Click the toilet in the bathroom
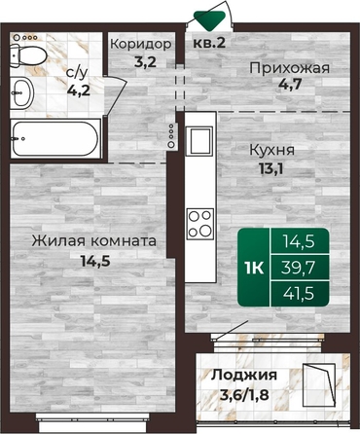point(27,55)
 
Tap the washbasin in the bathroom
point(21,92)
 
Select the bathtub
point(55,139)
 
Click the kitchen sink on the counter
point(198,141)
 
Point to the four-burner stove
point(200,224)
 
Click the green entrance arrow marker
point(209,20)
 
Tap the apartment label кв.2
point(209,43)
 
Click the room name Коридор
point(140,44)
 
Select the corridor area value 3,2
point(146,61)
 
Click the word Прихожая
point(289,68)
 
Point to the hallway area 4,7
point(290,84)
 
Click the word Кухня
point(271,150)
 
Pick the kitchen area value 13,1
point(270,168)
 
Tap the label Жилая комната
point(93,241)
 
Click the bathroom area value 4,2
point(79,90)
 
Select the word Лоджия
point(244,376)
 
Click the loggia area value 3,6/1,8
point(244,395)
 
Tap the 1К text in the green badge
point(254,268)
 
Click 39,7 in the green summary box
point(299,268)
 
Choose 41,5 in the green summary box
point(299,294)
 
